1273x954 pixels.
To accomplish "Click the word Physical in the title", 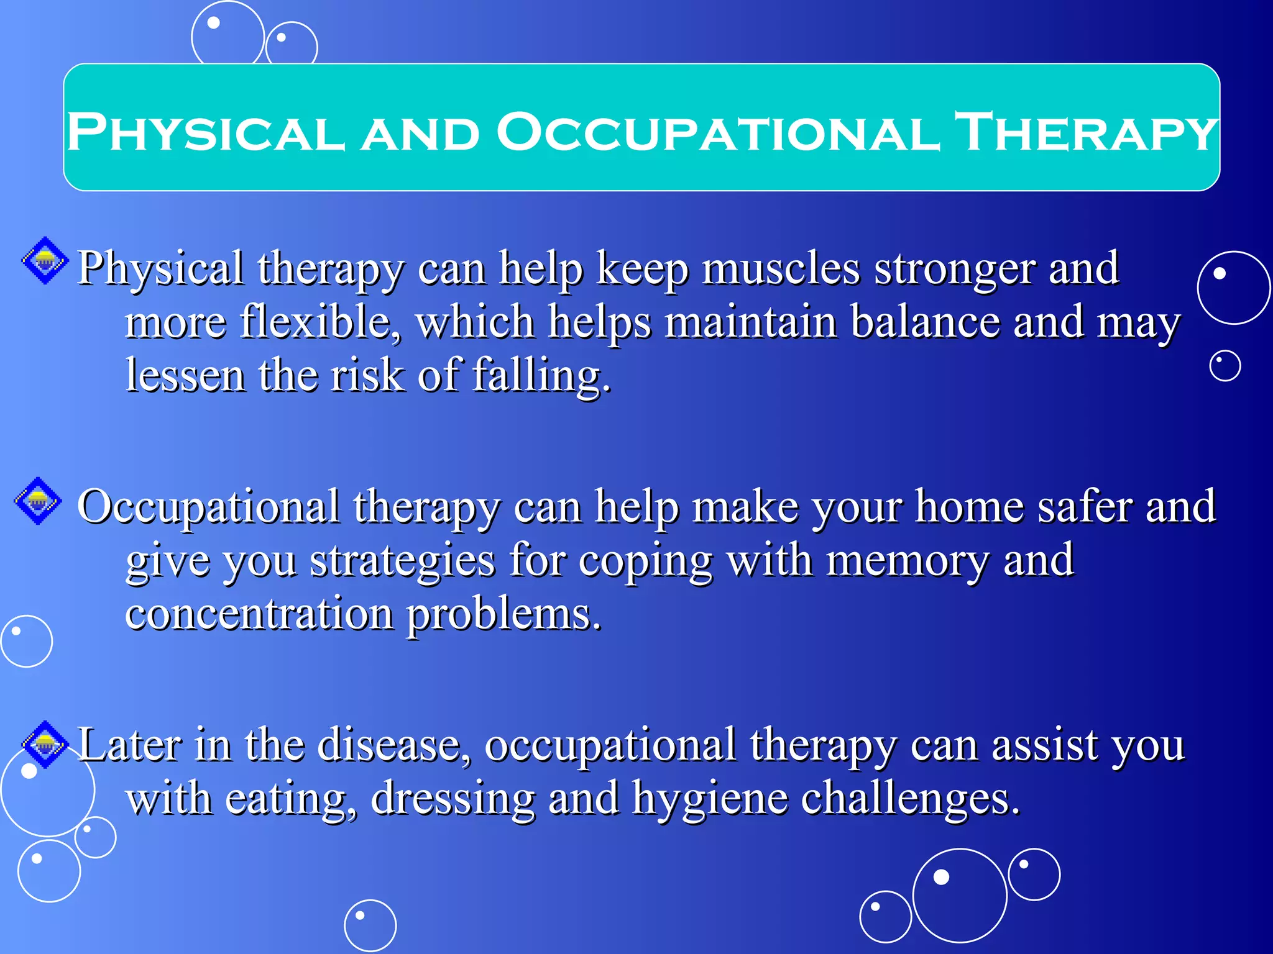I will click(x=205, y=132).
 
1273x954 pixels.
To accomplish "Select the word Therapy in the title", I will click(x=1085, y=132).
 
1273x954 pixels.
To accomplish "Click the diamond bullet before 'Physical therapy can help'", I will click(x=45, y=261).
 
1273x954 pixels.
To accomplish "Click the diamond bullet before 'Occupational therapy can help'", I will click(x=38, y=501).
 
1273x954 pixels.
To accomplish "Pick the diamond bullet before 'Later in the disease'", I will click(x=45, y=744).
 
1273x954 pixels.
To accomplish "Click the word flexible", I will click(x=320, y=322).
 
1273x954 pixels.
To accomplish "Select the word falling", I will click(x=541, y=376).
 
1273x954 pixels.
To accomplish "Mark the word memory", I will click(x=908, y=560).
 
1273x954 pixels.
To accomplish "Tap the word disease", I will click(x=394, y=745).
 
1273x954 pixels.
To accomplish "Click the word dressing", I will click(x=453, y=799).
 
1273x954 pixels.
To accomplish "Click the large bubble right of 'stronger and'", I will click(x=1234, y=288).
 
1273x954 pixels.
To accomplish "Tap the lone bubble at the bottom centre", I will click(x=370, y=925).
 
